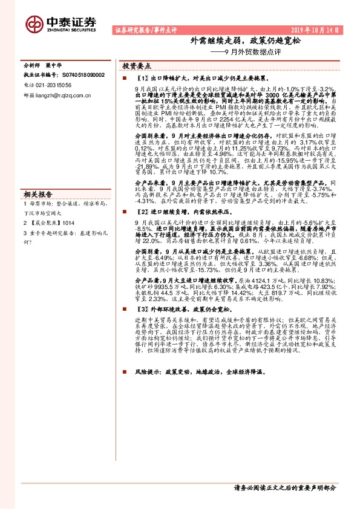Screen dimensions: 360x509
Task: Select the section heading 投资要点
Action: click(136, 64)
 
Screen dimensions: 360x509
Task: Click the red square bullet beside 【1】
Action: click(125, 79)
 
